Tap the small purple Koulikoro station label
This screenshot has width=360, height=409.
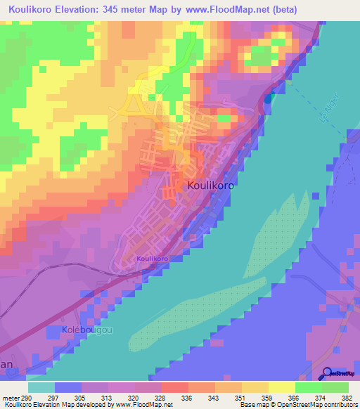pos(152,259)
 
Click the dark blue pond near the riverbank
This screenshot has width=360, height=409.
pos(267,98)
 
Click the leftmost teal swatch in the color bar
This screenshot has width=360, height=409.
pos(41,387)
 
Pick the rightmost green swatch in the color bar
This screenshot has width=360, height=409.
pos(335,387)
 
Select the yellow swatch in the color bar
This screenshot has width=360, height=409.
pos(281,387)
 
